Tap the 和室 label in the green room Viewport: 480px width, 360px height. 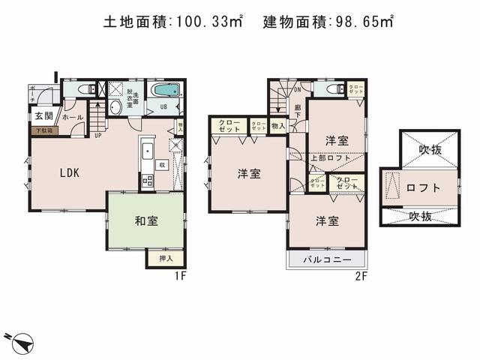pos(145,221)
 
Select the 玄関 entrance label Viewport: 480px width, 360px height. pos(43,116)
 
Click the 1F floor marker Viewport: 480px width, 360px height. pos(180,275)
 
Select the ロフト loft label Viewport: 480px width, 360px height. pos(423,187)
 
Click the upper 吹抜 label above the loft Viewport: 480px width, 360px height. pos(430,149)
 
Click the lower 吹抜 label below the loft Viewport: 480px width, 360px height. pos(420,216)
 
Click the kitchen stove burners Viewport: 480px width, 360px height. pos(146,180)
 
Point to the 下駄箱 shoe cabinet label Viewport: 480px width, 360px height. pos(42,130)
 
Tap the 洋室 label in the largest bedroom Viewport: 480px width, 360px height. pos(249,174)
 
